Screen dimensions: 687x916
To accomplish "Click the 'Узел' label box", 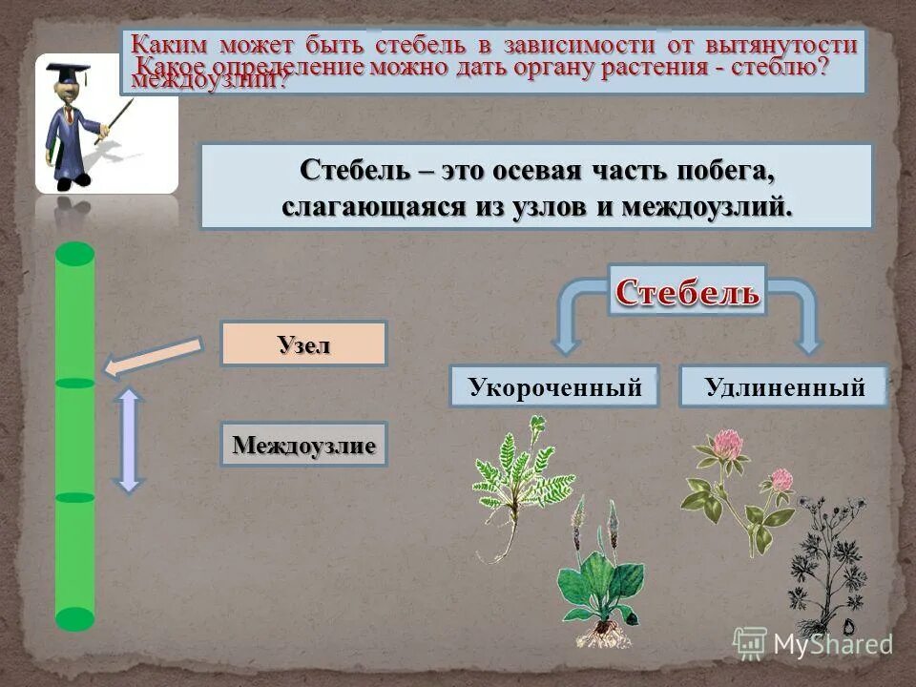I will [x=303, y=343].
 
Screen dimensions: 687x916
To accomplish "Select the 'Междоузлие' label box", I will [x=303, y=445].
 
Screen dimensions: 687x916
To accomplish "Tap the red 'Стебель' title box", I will [x=687, y=292].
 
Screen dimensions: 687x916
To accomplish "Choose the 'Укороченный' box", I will [x=553, y=387].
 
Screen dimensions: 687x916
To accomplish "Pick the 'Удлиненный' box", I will [x=783, y=387].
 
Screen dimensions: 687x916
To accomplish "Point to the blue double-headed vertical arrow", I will [x=131, y=439].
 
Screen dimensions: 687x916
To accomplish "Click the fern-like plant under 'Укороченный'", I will [x=515, y=472].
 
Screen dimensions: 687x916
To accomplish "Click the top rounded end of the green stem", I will [x=75, y=255].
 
